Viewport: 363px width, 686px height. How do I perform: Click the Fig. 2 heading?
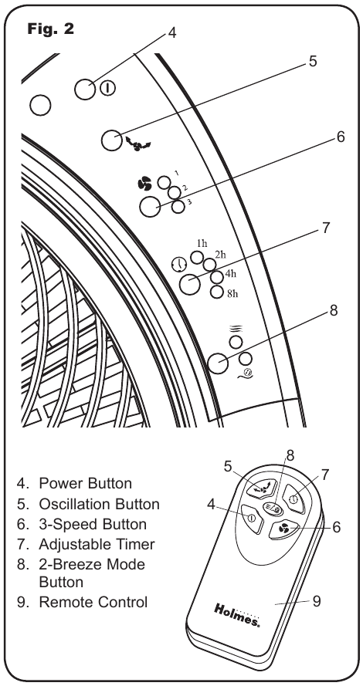pyautogui.click(x=50, y=29)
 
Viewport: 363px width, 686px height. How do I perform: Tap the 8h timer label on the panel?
pyautogui.click(x=232, y=293)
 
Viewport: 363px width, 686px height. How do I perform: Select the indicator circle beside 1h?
pyautogui.click(x=197, y=257)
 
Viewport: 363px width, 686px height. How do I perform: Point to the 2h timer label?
pyautogui.click(x=220, y=254)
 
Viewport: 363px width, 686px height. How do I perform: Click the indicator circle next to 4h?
pyautogui.click(x=217, y=277)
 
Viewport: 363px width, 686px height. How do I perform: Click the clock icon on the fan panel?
pyautogui.click(x=179, y=264)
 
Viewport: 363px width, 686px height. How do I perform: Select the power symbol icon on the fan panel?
pyautogui.click(x=107, y=89)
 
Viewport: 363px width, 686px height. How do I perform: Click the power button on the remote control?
pyautogui.click(x=252, y=519)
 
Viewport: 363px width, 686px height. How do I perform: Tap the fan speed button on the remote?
pyautogui.click(x=283, y=530)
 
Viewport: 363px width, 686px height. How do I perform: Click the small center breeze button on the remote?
pyautogui.click(x=272, y=509)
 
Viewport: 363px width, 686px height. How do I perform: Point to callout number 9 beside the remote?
pyautogui.click(x=317, y=601)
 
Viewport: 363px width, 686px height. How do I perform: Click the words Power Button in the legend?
pyautogui.click(x=86, y=483)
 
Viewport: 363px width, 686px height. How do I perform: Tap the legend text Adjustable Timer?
pyautogui.click(x=97, y=544)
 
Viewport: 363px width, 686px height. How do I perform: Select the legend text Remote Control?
pyautogui.click(x=93, y=602)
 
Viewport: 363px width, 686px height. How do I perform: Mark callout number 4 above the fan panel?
pyautogui.click(x=172, y=33)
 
